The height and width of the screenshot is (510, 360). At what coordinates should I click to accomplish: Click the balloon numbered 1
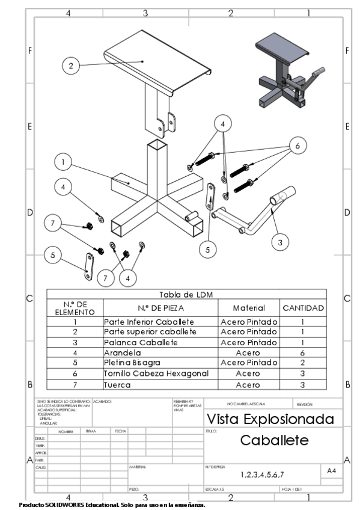(x=63, y=162)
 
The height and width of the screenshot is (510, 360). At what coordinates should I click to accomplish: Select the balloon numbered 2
(x=72, y=66)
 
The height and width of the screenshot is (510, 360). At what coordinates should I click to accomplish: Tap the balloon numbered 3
(x=279, y=242)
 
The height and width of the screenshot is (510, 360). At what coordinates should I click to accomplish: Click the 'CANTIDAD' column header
(x=304, y=308)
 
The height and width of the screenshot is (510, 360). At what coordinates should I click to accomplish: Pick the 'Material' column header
(x=249, y=308)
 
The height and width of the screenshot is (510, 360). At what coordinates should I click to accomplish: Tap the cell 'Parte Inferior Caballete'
(x=160, y=322)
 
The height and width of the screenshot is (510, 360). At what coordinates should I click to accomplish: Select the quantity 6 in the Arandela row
(x=304, y=353)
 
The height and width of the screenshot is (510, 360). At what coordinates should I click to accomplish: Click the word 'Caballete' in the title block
(x=274, y=440)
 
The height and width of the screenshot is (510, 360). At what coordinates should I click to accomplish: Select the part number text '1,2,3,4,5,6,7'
(x=263, y=475)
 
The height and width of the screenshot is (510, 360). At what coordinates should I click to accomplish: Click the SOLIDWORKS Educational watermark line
(x=112, y=505)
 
